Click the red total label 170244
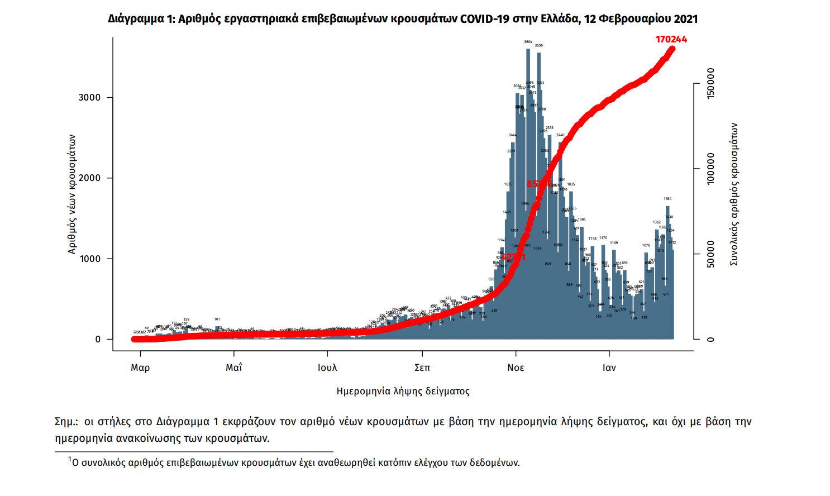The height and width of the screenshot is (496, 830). pyautogui.click(x=671, y=39)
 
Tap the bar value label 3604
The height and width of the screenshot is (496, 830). pyautogui.click(x=528, y=42)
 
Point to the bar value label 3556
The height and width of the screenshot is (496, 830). pyautogui.click(x=538, y=46)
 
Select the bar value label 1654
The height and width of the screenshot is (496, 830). pyautogui.click(x=667, y=199)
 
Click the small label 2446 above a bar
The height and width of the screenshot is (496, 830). pyautogui.click(x=560, y=135)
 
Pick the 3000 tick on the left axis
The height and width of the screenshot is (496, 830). pyautogui.click(x=89, y=97)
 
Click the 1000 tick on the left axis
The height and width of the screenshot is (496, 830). pyautogui.click(x=89, y=259)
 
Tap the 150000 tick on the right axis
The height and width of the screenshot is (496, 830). pyautogui.click(x=710, y=84)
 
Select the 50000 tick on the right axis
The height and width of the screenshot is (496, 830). pyautogui.click(x=710, y=255)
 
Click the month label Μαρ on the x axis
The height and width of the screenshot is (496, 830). pyautogui.click(x=140, y=368)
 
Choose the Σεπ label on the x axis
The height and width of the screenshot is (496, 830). pyautogui.click(x=422, y=368)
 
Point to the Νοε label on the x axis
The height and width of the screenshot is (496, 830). pyautogui.click(x=516, y=368)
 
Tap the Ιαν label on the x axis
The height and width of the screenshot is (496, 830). pyautogui.click(x=609, y=368)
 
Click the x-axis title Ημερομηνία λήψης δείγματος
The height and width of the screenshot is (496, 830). pyautogui.click(x=403, y=391)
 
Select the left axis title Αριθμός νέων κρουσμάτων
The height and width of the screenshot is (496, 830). pyautogui.click(x=71, y=194)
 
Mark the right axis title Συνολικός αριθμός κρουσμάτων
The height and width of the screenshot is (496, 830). pyautogui.click(x=734, y=194)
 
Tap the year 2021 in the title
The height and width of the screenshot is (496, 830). pyautogui.click(x=685, y=19)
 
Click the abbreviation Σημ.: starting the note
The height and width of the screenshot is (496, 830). pyautogui.click(x=66, y=422)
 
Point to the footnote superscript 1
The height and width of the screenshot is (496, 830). pyautogui.click(x=70, y=460)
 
